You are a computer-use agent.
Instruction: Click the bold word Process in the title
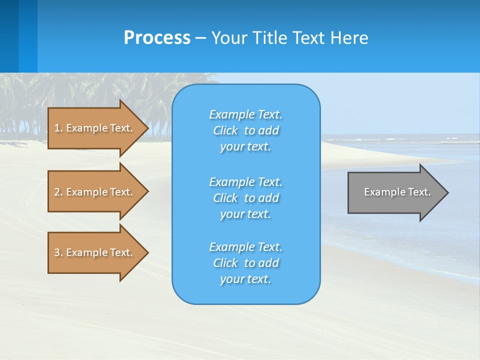click(x=157, y=38)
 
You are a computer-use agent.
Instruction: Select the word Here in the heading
click(x=349, y=38)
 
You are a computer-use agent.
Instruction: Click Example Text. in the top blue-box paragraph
click(x=245, y=114)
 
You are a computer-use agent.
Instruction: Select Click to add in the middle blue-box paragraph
click(x=245, y=198)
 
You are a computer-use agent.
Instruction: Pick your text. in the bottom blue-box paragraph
click(x=245, y=279)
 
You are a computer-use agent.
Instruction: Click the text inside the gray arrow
click(x=397, y=192)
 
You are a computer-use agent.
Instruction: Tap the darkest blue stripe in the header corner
click(x=9, y=35)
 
